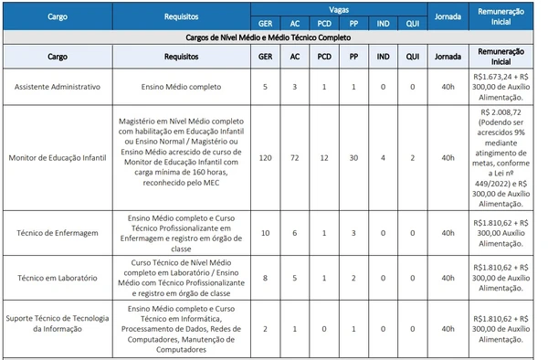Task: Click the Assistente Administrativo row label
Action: (x=55, y=87)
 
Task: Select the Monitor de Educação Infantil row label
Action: (x=55, y=157)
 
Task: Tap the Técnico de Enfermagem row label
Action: (x=55, y=232)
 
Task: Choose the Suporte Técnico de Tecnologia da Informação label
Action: (x=55, y=324)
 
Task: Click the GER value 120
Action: (x=265, y=157)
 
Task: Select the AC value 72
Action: (x=294, y=157)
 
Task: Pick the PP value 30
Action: (x=353, y=157)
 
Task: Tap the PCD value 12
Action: (x=323, y=157)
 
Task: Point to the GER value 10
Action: (x=265, y=232)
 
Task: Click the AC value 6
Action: (x=294, y=232)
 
